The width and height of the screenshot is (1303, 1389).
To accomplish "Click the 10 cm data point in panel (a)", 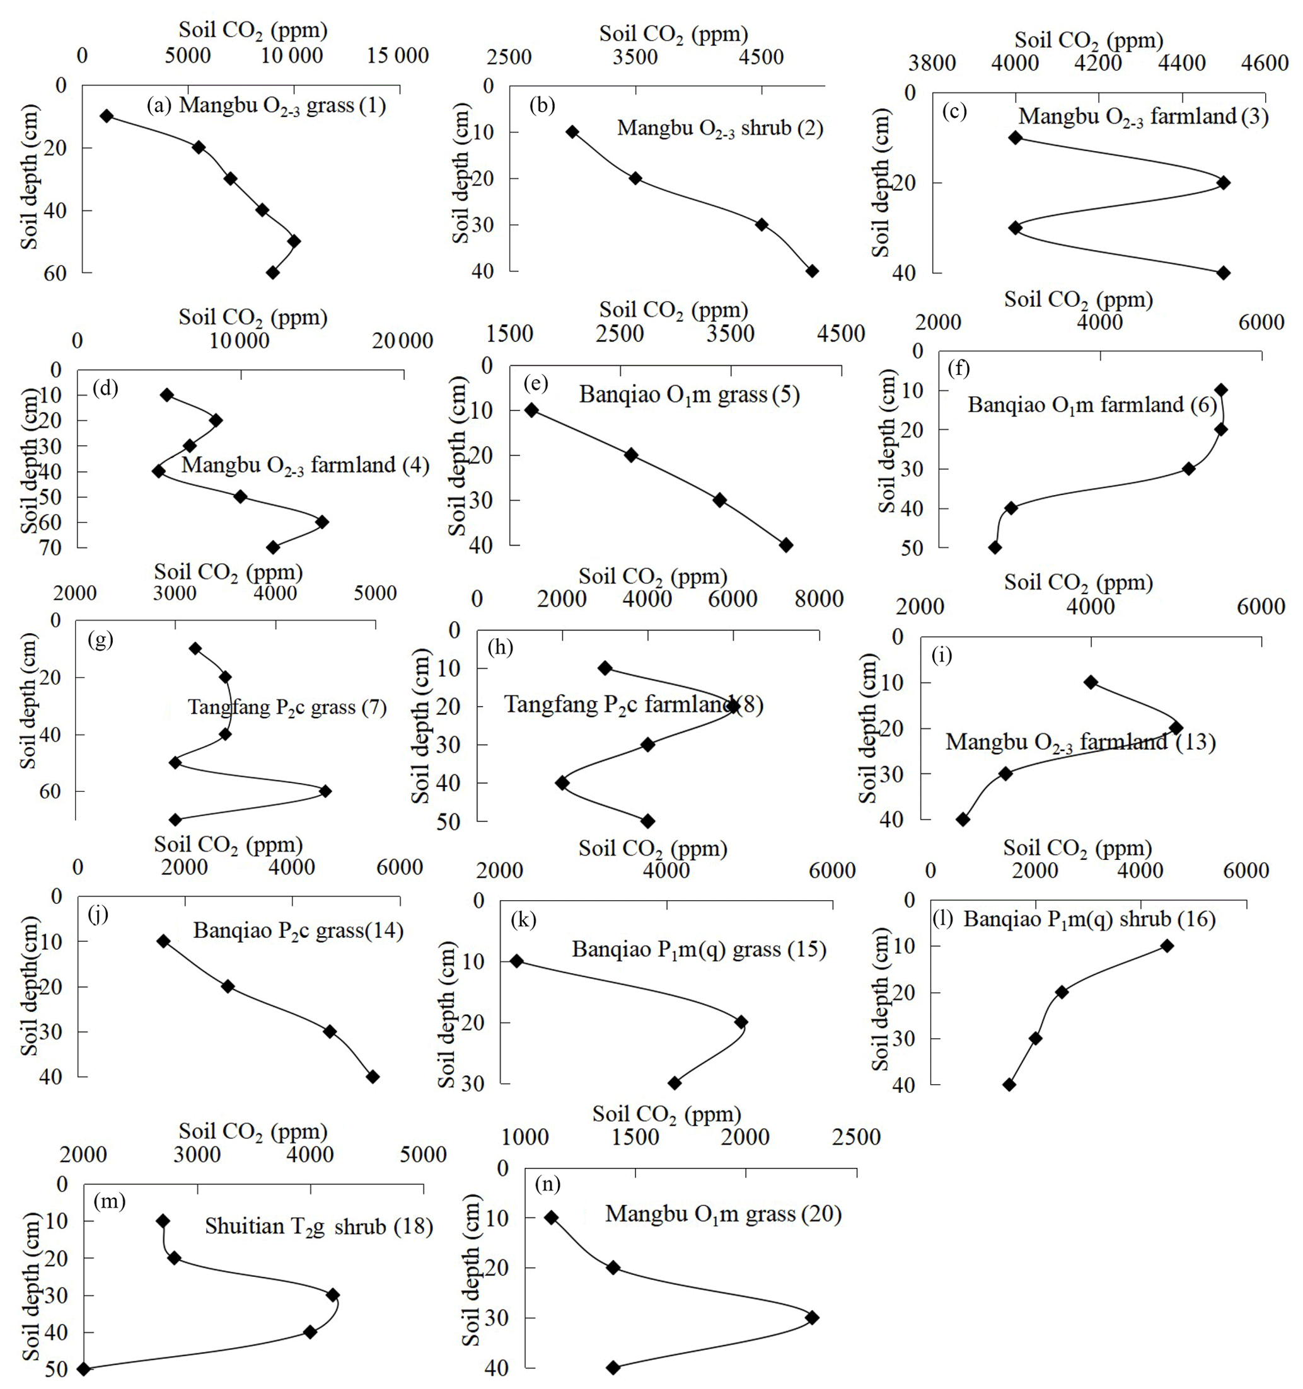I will coord(107,116).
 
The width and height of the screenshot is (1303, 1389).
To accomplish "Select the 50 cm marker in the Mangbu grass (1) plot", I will coord(294,241).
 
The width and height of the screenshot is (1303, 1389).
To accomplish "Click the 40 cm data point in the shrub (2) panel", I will coord(811,271).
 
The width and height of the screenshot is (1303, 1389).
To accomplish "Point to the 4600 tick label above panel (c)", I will coord(1266,64).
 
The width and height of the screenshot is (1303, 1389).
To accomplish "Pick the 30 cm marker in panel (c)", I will coord(1015,228).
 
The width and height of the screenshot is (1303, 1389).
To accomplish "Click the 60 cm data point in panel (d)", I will coord(321,522).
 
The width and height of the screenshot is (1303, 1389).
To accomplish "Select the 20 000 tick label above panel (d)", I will coord(402,341).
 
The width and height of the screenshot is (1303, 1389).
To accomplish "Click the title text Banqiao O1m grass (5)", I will coord(688,395).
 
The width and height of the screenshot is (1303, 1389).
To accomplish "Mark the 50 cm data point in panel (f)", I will coord(995,548).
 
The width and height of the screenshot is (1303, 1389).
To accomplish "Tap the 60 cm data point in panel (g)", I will coord(325,791).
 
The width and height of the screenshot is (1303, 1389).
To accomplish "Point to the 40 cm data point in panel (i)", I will coord(963,820).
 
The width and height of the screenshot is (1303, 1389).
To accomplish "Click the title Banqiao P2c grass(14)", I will coord(299,932).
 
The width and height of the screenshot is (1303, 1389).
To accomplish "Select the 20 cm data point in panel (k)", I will coord(741,1022).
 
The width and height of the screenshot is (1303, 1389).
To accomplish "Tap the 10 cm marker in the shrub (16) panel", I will coord(1167,946).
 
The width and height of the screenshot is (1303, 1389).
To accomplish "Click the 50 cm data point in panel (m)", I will coord(84,1369).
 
